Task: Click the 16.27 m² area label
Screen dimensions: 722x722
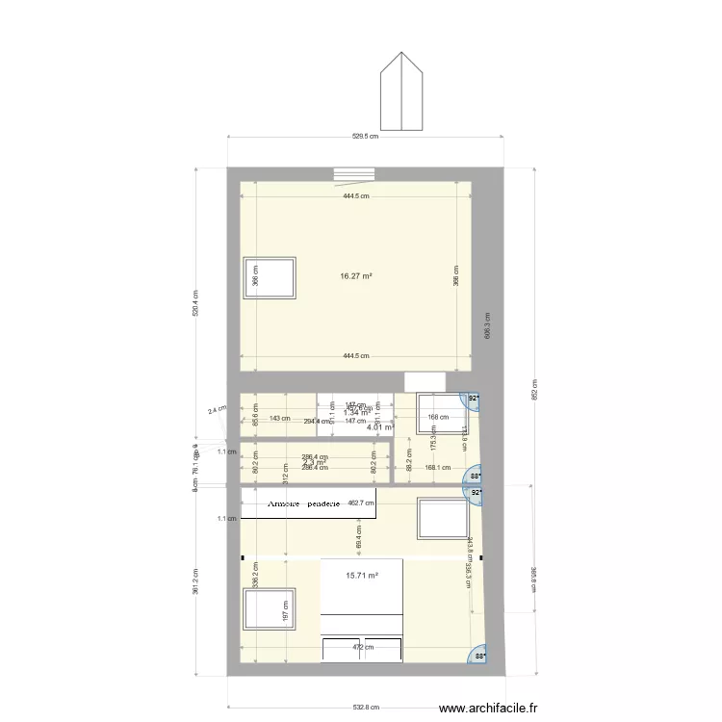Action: (355, 275)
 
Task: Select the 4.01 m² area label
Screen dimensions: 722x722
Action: (381, 428)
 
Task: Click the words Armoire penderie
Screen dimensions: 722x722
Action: (298, 503)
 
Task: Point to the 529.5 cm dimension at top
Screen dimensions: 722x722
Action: (365, 137)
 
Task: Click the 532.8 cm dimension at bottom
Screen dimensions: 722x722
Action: (366, 707)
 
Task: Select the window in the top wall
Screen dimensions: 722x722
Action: (353, 174)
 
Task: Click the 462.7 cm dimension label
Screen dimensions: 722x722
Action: (361, 503)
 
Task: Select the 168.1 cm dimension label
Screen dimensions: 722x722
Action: (437, 468)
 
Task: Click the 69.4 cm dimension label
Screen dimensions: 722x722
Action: (359, 536)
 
